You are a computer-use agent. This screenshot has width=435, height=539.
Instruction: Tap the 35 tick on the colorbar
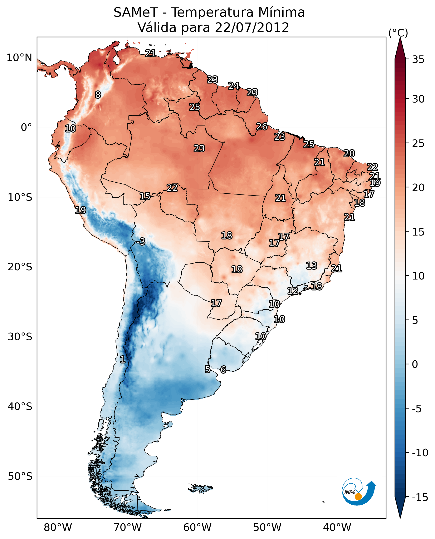(x=418, y=60)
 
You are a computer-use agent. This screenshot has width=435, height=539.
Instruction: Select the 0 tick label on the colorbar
(x=415, y=364)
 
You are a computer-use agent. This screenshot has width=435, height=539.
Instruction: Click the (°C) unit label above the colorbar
(x=398, y=33)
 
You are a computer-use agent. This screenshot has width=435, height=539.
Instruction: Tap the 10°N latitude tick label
(x=19, y=58)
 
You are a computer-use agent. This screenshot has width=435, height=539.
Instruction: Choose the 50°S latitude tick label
(x=20, y=476)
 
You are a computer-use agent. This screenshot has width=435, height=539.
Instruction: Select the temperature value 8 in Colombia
(x=98, y=95)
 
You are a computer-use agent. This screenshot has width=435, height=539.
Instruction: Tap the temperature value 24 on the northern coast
(x=234, y=86)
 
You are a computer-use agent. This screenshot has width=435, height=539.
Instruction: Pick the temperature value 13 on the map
(x=312, y=266)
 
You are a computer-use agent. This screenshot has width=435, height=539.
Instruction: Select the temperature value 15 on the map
(x=145, y=196)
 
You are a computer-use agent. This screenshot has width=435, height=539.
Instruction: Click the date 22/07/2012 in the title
(x=252, y=28)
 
